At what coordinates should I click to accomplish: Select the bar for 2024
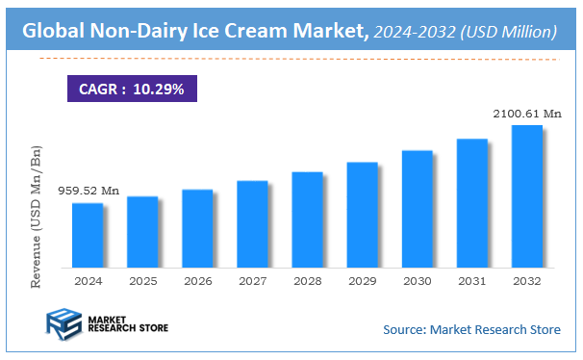88,235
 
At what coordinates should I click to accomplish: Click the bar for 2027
252,223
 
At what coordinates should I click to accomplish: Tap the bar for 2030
417,208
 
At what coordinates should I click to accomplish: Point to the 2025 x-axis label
142,281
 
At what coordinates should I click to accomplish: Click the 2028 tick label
307,281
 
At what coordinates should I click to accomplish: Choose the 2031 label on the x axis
471,281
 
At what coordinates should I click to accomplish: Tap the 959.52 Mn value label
88,191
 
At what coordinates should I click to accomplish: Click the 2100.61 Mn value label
526,114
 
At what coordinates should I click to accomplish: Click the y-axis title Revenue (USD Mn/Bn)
38,218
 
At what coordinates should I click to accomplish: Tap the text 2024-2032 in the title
416,33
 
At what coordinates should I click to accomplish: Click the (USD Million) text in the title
510,33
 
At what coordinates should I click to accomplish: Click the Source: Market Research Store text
470,330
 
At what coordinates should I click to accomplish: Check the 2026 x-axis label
197,281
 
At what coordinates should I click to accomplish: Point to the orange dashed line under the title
298,59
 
